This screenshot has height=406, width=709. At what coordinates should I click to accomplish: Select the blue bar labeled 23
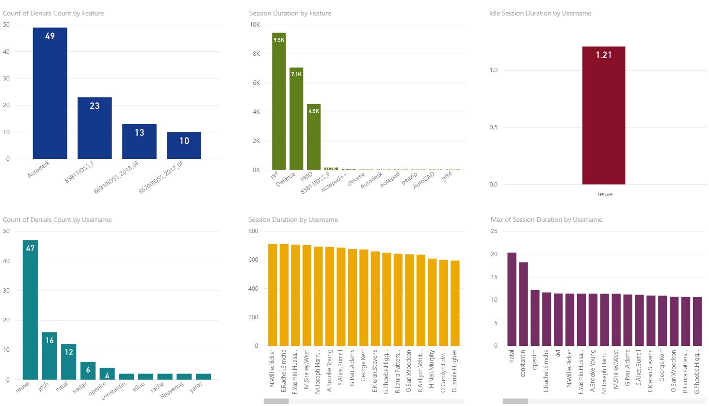pyautogui.click(x=95, y=128)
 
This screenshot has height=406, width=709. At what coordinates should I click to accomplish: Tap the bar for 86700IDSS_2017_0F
pyautogui.click(x=184, y=145)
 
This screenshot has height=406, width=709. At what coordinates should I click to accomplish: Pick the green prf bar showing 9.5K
pyautogui.click(x=279, y=101)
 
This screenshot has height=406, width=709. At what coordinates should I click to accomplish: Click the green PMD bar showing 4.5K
pyautogui.click(x=314, y=137)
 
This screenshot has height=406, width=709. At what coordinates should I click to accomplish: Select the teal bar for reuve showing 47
pyautogui.click(x=30, y=310)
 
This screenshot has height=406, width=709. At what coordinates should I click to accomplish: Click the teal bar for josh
pyautogui.click(x=49, y=356)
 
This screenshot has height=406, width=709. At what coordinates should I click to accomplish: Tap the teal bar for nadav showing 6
pyautogui.click(x=88, y=371)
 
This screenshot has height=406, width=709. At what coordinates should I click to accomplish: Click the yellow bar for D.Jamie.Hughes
pyautogui.click(x=455, y=303)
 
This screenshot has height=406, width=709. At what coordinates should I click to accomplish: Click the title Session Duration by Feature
pyautogui.click(x=290, y=13)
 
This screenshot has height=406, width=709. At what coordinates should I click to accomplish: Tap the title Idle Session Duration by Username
pyautogui.click(x=540, y=13)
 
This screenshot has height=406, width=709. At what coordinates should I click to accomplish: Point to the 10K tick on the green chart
pyautogui.click(x=255, y=25)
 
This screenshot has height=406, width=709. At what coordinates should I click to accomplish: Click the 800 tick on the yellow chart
pyautogui.click(x=253, y=231)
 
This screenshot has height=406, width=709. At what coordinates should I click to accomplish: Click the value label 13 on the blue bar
pyautogui.click(x=139, y=133)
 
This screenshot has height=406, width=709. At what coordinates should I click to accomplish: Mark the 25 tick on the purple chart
pyautogui.click(x=494, y=231)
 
